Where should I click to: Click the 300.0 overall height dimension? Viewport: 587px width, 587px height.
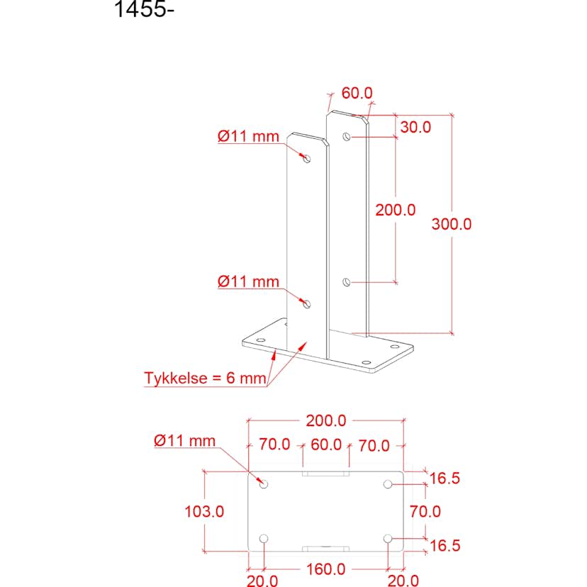(x=452, y=224)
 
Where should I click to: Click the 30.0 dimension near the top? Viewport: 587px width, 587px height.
(x=415, y=128)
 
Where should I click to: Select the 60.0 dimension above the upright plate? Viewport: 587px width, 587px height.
(x=357, y=93)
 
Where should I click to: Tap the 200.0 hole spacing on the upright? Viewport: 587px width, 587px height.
(x=396, y=210)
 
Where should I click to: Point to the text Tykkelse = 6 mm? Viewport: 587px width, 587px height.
(x=205, y=378)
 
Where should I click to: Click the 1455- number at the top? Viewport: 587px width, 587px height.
(x=144, y=9)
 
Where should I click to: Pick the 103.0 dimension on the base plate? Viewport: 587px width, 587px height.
(x=204, y=511)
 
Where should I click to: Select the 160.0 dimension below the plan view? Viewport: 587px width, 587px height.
(x=325, y=569)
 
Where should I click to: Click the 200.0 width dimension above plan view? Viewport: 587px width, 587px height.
(x=326, y=421)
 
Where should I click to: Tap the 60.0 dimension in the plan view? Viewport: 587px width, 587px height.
(x=326, y=445)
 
